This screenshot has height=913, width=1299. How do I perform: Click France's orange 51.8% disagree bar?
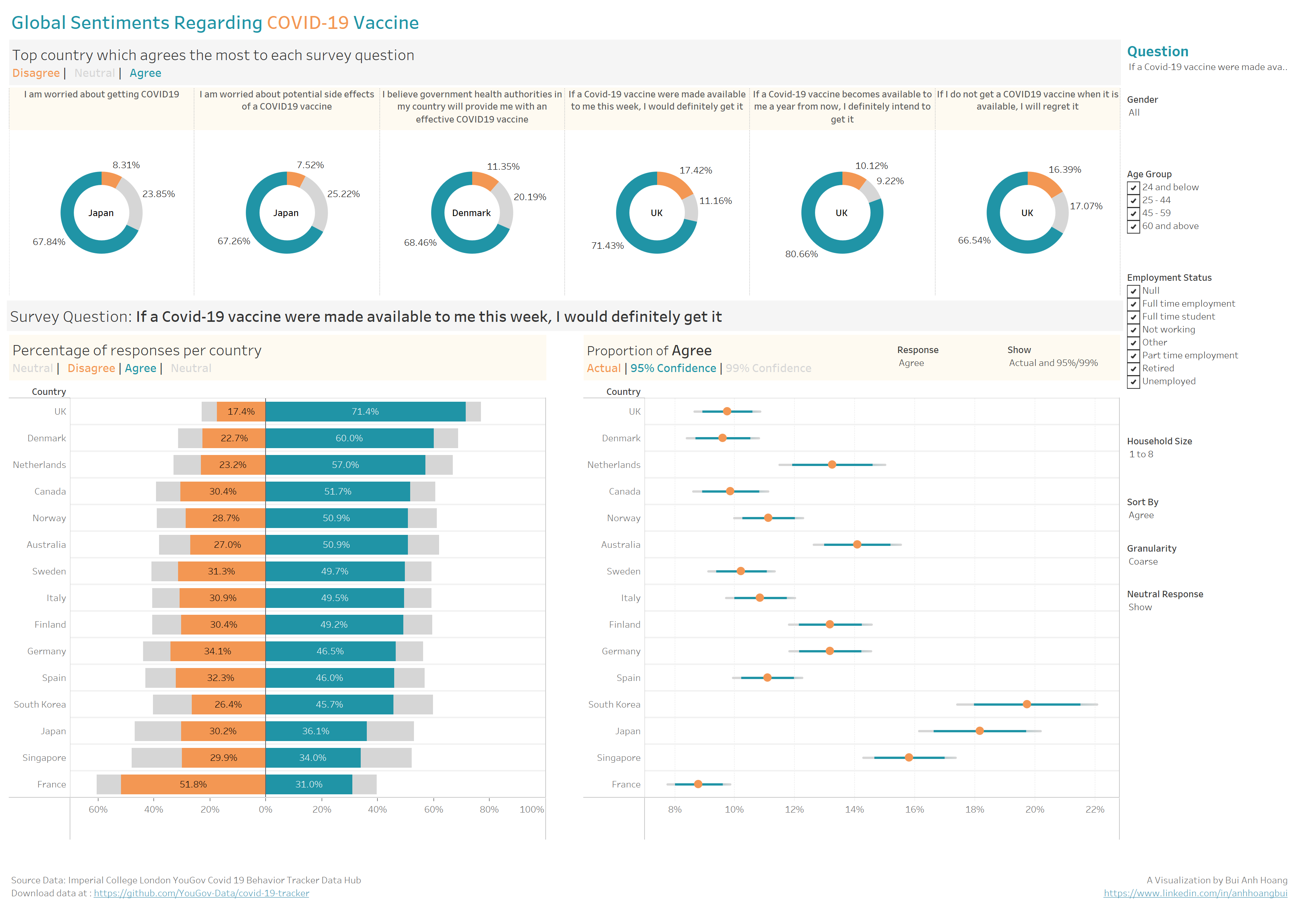[x=193, y=784]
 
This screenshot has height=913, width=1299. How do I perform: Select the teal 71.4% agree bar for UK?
[x=365, y=411]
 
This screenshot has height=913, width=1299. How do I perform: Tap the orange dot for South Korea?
[x=1026, y=704]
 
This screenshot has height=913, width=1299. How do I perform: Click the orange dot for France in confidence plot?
[x=698, y=784]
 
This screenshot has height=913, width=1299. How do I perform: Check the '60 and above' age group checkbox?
[x=1133, y=227]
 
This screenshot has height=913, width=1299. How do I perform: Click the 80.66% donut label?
[x=801, y=254]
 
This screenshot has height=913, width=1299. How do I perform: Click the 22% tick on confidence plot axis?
[x=1095, y=810]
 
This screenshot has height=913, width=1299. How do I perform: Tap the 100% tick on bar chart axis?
[x=531, y=810]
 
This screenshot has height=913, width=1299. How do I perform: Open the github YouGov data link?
[x=201, y=893]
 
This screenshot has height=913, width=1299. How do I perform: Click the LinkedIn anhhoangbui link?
[x=1195, y=893]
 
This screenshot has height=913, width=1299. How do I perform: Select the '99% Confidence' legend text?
[x=768, y=368]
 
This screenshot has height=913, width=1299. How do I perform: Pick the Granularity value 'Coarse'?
[x=1143, y=562]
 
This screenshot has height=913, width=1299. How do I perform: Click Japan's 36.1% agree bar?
[x=316, y=731]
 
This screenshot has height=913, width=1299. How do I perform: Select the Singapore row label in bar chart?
[x=44, y=757]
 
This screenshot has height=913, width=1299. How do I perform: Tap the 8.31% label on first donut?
[x=126, y=165]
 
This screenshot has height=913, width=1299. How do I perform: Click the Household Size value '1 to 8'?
[x=1141, y=454]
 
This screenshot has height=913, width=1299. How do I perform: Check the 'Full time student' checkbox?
[x=1133, y=317]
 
